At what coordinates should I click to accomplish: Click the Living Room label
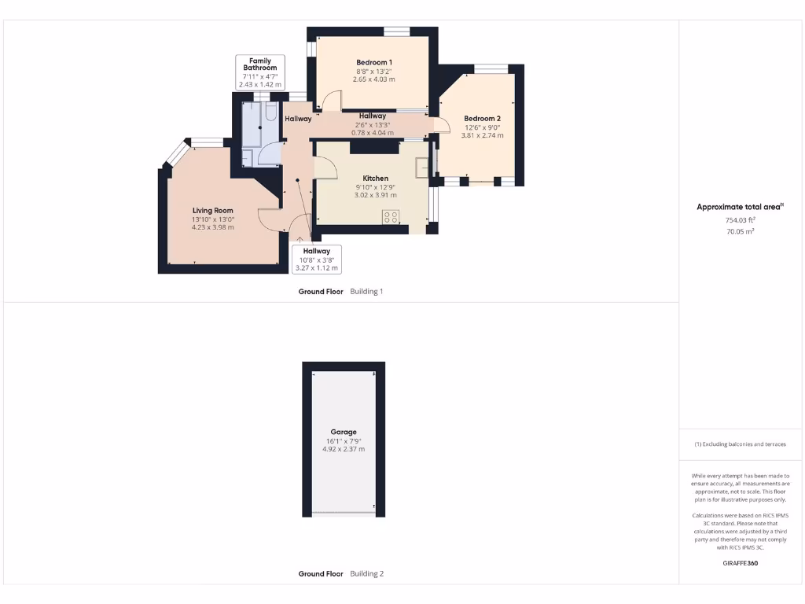[213, 210]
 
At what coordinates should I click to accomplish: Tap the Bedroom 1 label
[374, 62]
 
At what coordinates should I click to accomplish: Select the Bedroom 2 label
[482, 119]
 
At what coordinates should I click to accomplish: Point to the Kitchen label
[375, 179]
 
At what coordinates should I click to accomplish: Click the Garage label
[344, 432]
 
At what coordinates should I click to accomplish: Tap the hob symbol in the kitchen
[391, 217]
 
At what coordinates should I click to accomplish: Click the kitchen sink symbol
[422, 166]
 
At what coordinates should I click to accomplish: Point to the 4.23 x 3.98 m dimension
[213, 227]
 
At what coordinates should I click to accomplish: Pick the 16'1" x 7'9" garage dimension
[344, 440]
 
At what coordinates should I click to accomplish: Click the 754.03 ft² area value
[740, 222]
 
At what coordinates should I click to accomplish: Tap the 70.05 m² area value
[740, 232]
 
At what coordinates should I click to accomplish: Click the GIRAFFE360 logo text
[740, 563]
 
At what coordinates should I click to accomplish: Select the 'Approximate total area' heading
[740, 207]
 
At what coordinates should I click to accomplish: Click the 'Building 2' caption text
[366, 574]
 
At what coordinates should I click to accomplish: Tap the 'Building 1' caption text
[366, 292]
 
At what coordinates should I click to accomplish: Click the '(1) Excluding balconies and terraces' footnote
[740, 444]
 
